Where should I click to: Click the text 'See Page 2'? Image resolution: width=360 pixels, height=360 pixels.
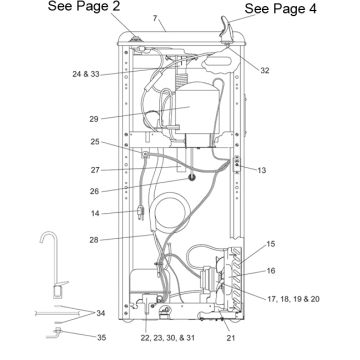pyautogui.click(x=84, y=6)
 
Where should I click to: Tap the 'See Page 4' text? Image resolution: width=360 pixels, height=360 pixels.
pyautogui.click(x=280, y=9)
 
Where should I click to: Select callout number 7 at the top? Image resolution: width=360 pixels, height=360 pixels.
pyautogui.click(x=155, y=18)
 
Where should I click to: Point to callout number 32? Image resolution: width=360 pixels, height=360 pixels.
pyautogui.click(x=265, y=71)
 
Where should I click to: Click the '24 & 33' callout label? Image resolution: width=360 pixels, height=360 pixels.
pyautogui.click(x=86, y=74)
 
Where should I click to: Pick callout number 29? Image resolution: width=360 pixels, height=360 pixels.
pyautogui.click(x=94, y=119)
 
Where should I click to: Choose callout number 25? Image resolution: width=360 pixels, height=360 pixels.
pyautogui.click(x=95, y=141)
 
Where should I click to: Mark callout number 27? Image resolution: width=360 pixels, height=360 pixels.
pyautogui.click(x=95, y=170)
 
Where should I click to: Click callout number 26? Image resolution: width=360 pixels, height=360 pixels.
pyautogui.click(x=95, y=191)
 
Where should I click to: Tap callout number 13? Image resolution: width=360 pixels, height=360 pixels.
pyautogui.click(x=262, y=170)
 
